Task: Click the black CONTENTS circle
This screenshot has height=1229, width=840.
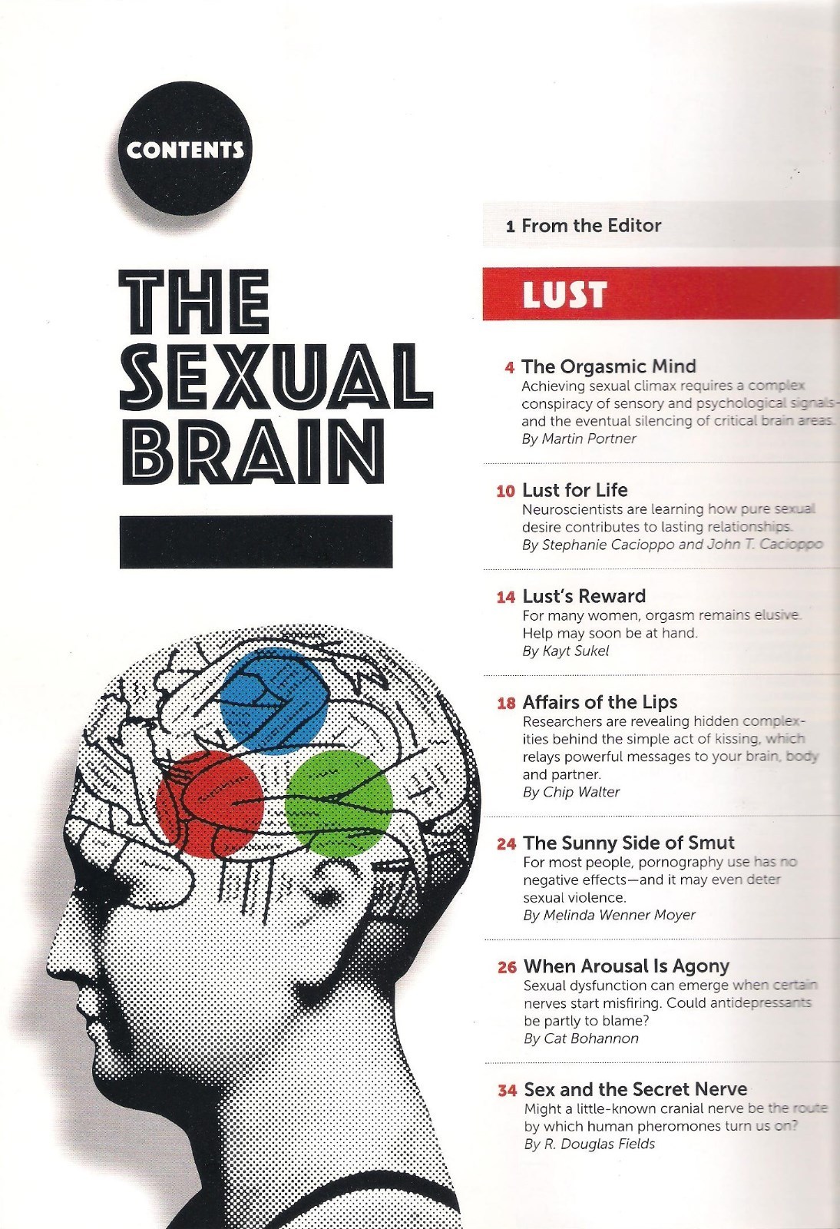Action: tap(186, 147)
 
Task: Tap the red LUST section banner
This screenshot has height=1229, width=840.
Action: tap(660, 293)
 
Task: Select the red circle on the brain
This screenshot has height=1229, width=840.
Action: tap(210, 803)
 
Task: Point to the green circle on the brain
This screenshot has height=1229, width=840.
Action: tap(339, 803)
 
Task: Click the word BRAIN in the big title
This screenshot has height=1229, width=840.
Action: tap(251, 449)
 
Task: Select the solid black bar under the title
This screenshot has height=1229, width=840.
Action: tap(256, 542)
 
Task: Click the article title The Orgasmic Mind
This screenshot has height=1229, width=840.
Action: tap(609, 366)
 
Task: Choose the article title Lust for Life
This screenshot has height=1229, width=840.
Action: tap(574, 490)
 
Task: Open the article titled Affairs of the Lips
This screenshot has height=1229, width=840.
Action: tap(600, 702)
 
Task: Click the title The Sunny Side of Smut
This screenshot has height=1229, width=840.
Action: tap(629, 843)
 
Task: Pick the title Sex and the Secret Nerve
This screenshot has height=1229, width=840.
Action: tap(635, 1089)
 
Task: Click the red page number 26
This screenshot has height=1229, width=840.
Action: tap(507, 967)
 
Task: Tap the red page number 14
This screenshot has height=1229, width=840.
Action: tap(505, 598)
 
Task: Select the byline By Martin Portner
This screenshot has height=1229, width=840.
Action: tap(579, 439)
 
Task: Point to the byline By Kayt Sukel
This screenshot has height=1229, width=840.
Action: tap(565, 651)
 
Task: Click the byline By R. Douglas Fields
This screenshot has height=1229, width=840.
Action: tap(590, 1144)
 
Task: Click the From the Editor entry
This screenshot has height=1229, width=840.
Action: tap(584, 225)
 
